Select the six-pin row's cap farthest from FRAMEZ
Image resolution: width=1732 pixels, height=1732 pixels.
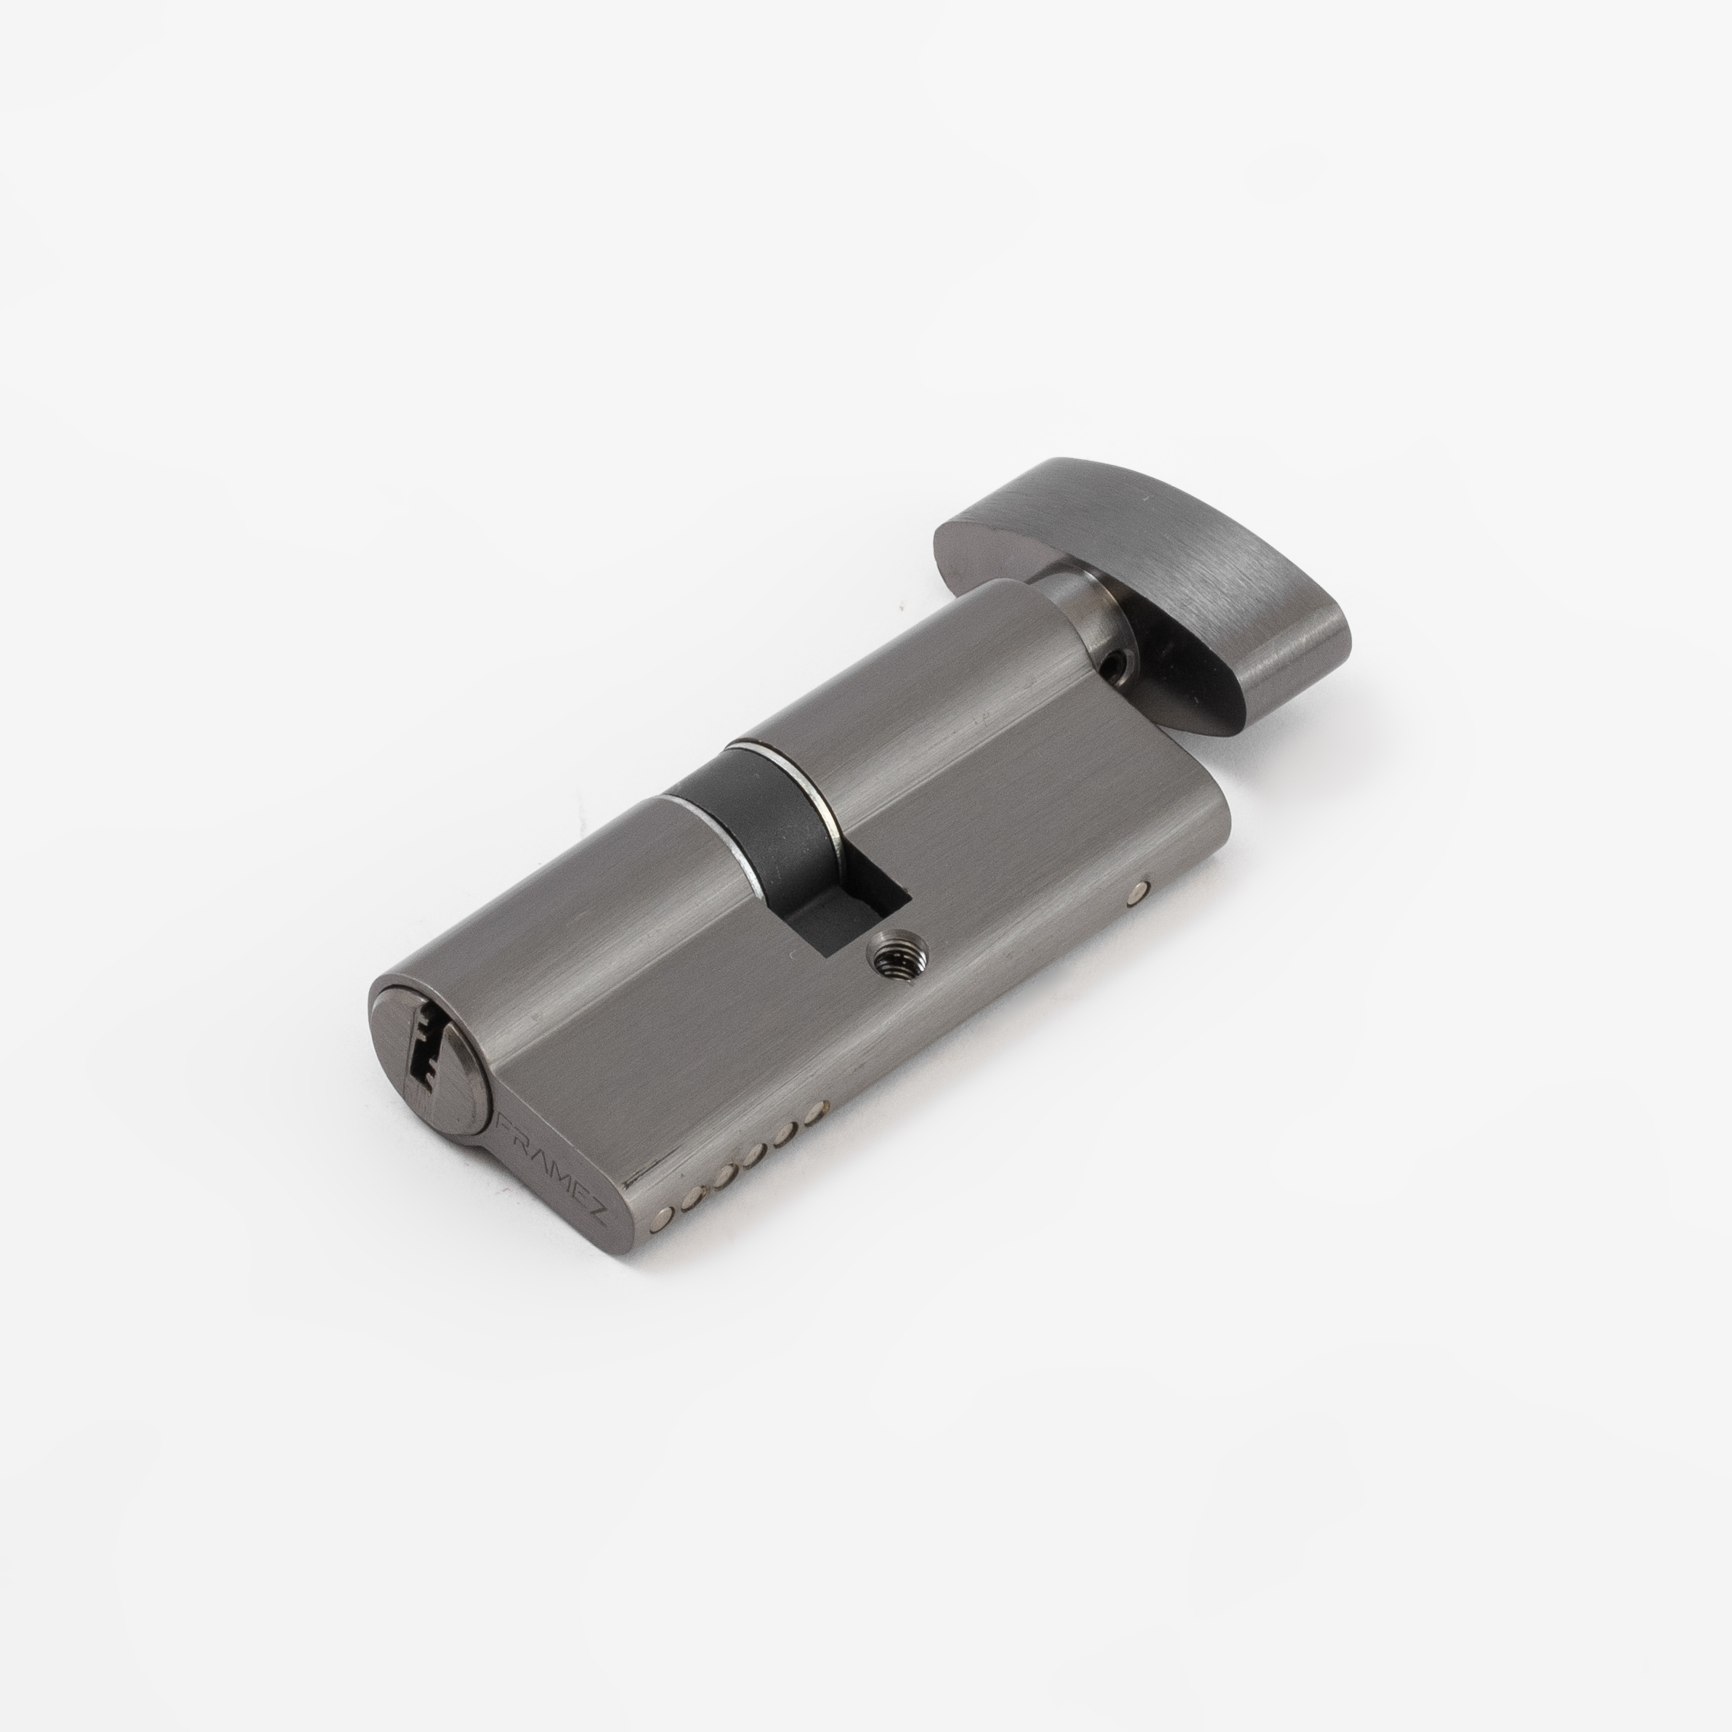[814, 1114]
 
